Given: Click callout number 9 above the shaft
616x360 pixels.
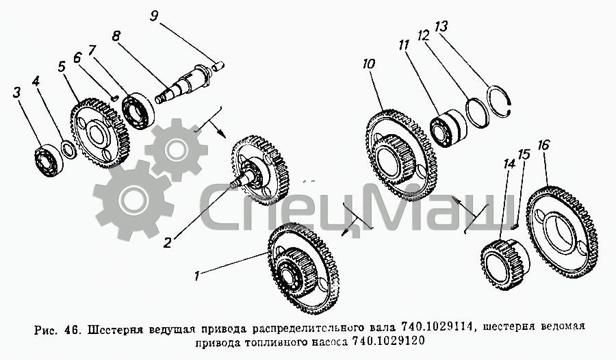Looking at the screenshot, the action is [x=155, y=16].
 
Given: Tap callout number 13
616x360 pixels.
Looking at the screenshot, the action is [x=441, y=27].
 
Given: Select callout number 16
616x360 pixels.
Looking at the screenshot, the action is [x=543, y=145].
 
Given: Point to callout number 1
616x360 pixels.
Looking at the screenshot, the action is [x=196, y=277].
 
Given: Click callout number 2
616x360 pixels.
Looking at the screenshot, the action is [x=168, y=243].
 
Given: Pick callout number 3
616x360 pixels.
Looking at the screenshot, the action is [x=16, y=93].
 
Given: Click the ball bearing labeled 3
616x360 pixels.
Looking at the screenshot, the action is [x=49, y=160].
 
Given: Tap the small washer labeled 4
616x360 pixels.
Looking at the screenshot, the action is [x=68, y=149].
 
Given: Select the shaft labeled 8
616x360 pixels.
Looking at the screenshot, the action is [x=183, y=83].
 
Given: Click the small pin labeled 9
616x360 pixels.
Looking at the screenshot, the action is [x=218, y=65].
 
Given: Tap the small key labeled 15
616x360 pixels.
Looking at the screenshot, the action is [x=515, y=226].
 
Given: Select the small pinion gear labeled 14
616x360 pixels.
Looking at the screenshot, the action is [x=505, y=265].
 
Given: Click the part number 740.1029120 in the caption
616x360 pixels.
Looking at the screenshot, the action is [x=388, y=341].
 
